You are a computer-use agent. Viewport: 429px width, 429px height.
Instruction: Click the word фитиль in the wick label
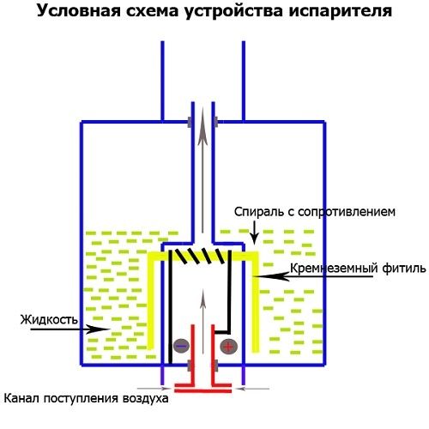pos(402,269)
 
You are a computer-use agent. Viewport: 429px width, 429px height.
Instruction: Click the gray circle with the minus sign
pos(180,346)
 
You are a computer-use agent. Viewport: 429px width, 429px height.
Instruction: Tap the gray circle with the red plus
pos(228,346)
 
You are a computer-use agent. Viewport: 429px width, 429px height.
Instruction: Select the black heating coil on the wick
pos(202,256)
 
